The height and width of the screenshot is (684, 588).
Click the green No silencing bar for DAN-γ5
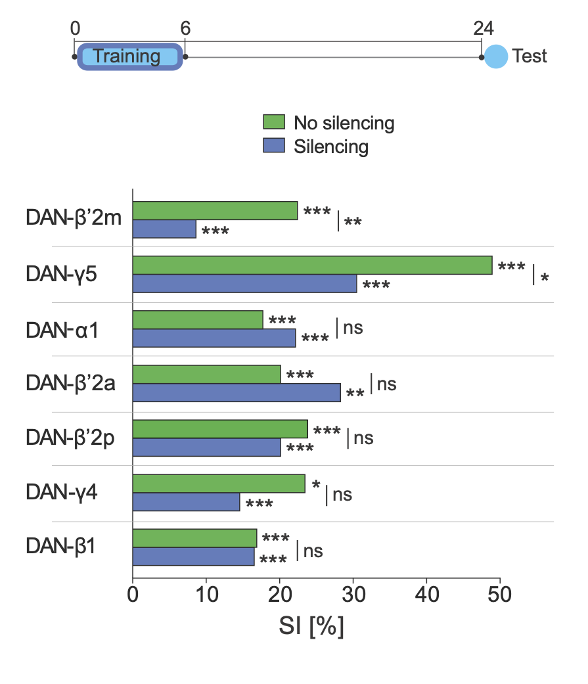coord(312,265)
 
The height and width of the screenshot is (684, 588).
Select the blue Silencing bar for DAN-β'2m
coord(164,229)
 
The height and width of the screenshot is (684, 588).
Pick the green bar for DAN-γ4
coord(219,484)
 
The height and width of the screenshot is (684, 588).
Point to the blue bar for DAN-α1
coord(214,338)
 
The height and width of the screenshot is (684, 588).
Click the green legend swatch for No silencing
coord(274,122)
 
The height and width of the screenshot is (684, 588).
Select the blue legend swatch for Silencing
coord(274,145)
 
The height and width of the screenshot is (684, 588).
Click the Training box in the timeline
coord(129,57)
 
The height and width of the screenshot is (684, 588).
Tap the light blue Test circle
coord(496,57)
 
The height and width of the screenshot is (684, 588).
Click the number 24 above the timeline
coord(483,28)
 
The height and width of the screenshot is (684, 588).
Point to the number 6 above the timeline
coord(185,28)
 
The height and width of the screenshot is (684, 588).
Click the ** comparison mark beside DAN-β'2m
coord(353,221)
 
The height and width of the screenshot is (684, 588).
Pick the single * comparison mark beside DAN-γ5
coord(544,277)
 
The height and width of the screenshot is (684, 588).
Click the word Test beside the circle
coord(530,57)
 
